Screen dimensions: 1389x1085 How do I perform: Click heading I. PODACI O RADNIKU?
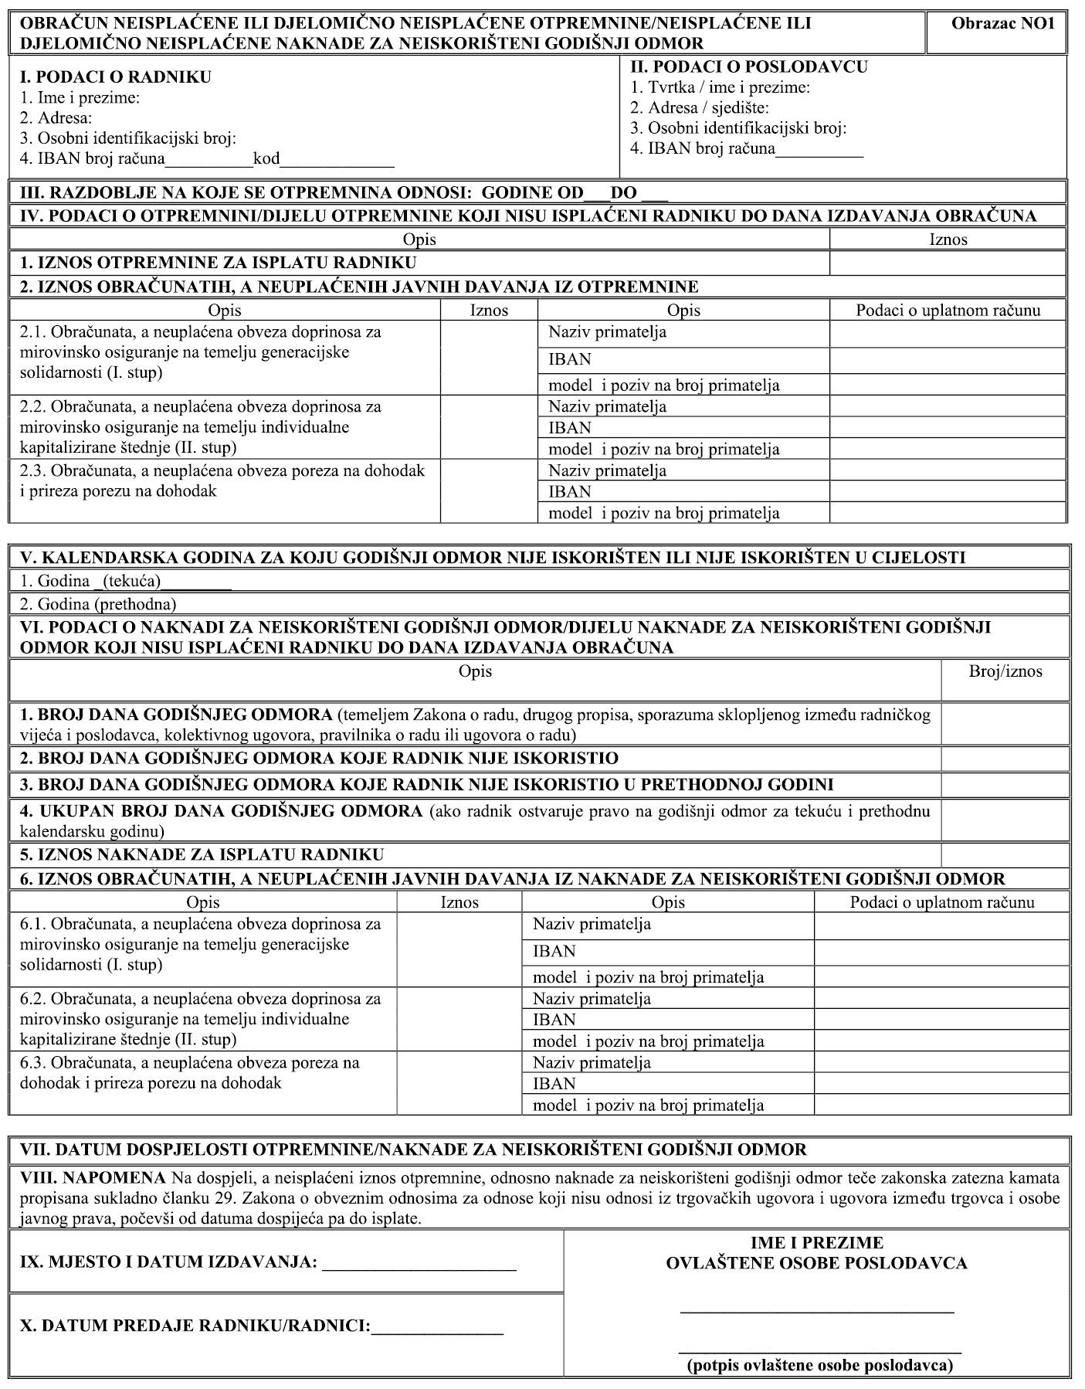tap(115, 77)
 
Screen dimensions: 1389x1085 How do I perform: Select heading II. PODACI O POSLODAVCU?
tap(749, 67)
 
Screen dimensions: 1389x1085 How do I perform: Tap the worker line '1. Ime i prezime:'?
tap(80, 98)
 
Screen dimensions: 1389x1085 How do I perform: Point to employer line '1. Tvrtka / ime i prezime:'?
tap(721, 87)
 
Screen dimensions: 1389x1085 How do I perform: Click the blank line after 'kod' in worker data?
tap(337, 163)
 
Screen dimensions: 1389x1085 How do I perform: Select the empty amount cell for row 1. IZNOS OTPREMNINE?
tap(948, 263)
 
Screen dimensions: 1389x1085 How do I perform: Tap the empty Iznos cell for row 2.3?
tap(489, 491)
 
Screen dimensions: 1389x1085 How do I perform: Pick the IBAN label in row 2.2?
tap(570, 428)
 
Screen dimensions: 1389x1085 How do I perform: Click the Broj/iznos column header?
tap(1005, 671)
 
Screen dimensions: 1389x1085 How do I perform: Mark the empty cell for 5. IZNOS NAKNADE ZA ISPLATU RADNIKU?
tap(1005, 854)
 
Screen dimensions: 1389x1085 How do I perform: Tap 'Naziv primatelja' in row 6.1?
tap(592, 924)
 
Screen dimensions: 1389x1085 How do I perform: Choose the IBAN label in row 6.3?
tap(554, 1084)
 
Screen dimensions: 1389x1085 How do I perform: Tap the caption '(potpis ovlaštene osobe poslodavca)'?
tap(820, 1364)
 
